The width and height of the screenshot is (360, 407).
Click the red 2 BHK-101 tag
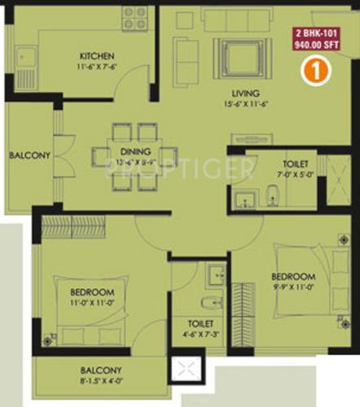(318, 40)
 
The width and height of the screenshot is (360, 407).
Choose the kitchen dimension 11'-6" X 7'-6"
(99, 67)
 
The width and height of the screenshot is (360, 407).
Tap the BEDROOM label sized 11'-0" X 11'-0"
(91, 291)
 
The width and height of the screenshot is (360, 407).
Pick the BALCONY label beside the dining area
(30, 155)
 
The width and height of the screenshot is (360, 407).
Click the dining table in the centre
(134, 157)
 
